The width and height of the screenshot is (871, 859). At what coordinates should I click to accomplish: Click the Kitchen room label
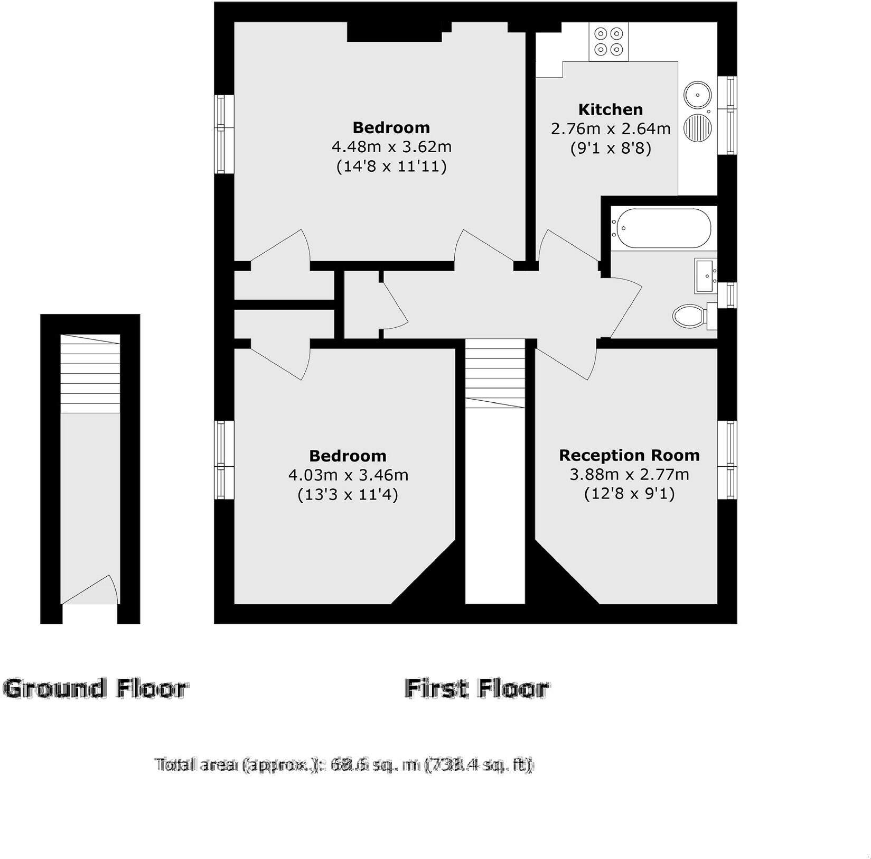tap(610, 109)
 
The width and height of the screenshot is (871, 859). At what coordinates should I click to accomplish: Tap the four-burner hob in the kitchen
tap(609, 42)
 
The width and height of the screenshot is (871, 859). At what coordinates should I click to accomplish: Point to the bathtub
tap(661, 228)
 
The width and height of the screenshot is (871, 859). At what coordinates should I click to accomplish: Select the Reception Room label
tap(629, 455)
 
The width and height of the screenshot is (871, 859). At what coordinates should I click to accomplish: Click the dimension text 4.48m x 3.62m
tap(391, 146)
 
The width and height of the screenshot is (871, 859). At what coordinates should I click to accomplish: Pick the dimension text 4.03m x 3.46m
tap(348, 475)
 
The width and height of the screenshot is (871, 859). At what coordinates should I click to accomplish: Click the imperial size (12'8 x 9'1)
tap(629, 494)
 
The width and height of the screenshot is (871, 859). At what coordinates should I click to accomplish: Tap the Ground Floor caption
tap(95, 689)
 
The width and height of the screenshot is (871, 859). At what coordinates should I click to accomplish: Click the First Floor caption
tap(476, 689)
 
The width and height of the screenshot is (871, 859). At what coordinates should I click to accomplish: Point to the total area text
tap(344, 765)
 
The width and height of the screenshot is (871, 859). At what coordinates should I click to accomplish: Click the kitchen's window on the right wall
tap(730, 115)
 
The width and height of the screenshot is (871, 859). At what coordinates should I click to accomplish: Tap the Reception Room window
tap(730, 459)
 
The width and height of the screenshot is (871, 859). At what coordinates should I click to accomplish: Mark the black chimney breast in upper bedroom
tap(394, 32)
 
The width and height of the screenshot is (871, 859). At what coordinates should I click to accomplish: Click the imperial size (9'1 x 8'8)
tap(610, 149)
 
